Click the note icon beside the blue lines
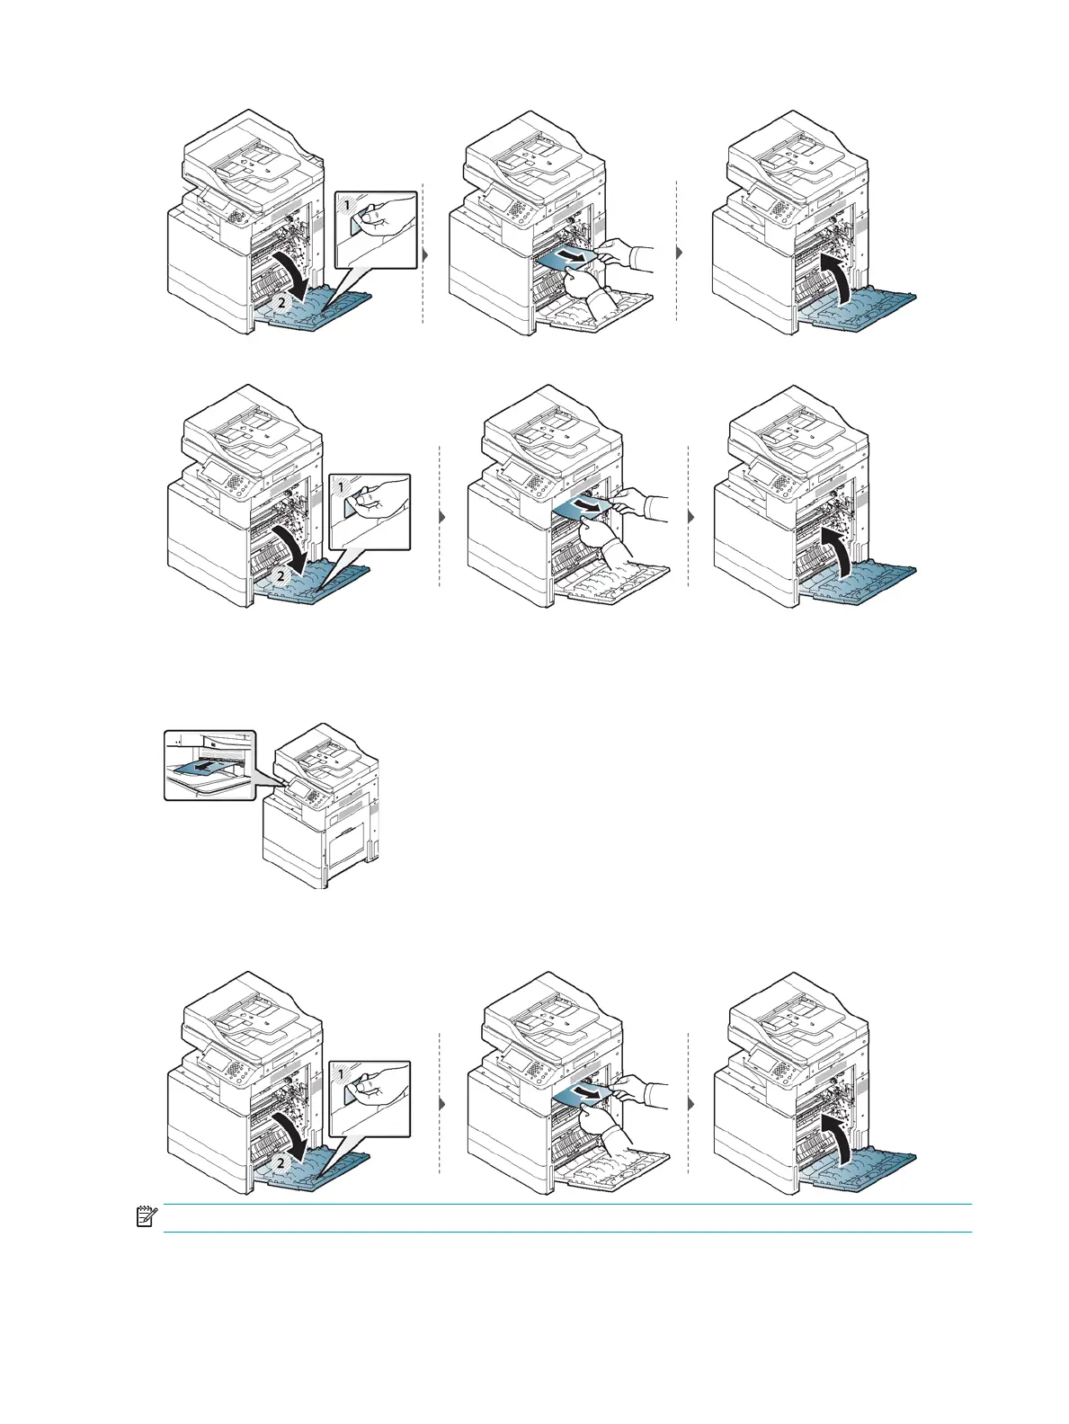point(143,1217)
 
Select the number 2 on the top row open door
point(281,303)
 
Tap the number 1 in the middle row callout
point(341,488)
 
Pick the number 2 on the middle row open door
point(281,575)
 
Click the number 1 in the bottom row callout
point(341,1074)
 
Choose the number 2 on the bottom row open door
point(281,1162)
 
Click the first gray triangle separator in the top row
point(425,254)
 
